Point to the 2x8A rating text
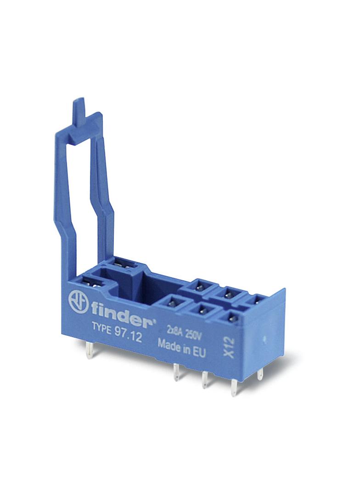[174, 332]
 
